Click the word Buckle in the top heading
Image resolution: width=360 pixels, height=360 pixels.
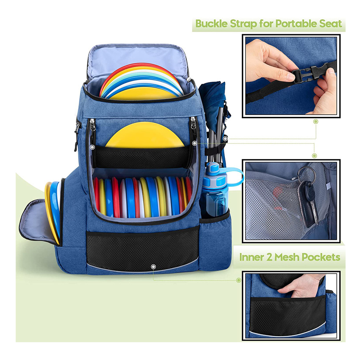pyautogui.click(x=211, y=24)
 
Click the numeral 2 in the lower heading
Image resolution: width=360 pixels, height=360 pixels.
pyautogui.click(x=269, y=258)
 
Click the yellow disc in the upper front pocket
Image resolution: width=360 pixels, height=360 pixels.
pyautogui.click(x=145, y=136)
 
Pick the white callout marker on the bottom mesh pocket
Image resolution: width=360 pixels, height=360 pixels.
pyautogui.click(x=153, y=266)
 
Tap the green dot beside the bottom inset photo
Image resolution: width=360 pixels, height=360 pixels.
pyautogui.click(x=239, y=280)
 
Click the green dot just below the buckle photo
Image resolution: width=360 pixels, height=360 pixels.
pyautogui.click(x=316, y=122)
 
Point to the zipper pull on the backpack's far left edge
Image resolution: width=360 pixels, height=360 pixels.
pyautogui.click(x=76, y=138)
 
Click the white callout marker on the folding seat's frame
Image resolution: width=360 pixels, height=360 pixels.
pyautogui.click(x=225, y=138)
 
